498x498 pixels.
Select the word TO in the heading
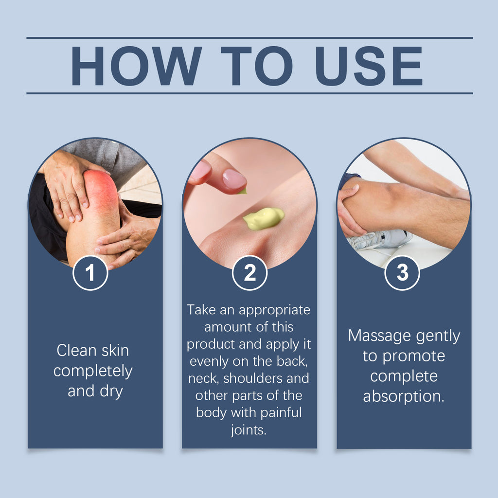(256, 66)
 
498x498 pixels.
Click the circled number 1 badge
(90, 273)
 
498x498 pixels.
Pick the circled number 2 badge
(249, 273)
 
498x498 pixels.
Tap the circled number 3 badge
(402, 273)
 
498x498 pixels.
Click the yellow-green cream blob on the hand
(264, 218)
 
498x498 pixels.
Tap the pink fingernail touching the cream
(234, 179)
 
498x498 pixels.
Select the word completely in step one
(93, 371)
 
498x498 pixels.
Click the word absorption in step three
(404, 396)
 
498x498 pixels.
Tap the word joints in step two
(249, 430)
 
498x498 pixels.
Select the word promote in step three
(413, 356)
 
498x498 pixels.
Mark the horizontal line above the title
(249, 38)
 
